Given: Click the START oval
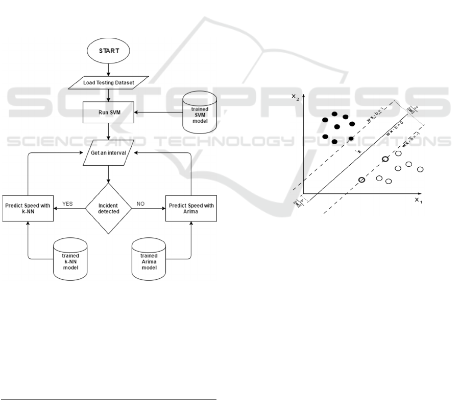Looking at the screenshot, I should pos(108,51).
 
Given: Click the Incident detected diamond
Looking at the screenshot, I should pos(108,208).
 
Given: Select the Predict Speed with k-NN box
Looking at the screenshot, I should pos(28,208).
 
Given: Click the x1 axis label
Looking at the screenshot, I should pos(418,200).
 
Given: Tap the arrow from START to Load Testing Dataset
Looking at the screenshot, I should pos(108,68).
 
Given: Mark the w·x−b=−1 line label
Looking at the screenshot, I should pos(410,139).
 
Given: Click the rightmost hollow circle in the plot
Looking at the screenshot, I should pos(421,169).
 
